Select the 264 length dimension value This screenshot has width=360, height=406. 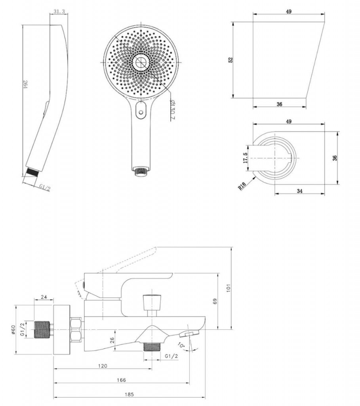(x=25, y=84)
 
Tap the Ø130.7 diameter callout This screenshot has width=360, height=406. (x=173, y=110)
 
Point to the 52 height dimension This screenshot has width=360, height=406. (x=231, y=60)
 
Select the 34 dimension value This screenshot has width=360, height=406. (x=299, y=191)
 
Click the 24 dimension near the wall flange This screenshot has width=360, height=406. (x=44, y=297)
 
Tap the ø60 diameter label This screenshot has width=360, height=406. (x=13, y=329)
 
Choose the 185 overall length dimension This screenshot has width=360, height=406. (x=130, y=395)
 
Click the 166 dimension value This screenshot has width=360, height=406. (x=121, y=380)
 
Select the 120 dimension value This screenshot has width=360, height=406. (x=103, y=366)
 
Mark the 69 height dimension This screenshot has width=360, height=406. (x=215, y=301)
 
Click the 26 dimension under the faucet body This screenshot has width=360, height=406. (x=112, y=340)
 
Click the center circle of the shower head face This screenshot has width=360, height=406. (x=141, y=62)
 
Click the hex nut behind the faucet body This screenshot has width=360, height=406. (x=76, y=329)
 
